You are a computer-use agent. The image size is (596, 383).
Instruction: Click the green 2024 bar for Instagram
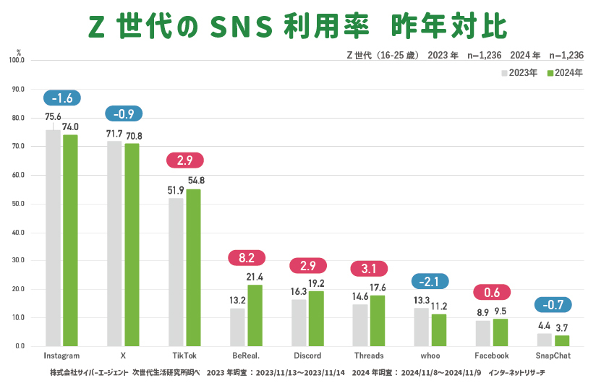tap(70, 240)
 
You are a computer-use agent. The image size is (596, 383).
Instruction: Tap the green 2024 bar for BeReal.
tap(255, 315)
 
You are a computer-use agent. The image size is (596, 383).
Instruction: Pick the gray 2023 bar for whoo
tap(421, 327)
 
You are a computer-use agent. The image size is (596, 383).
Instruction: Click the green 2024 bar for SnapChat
tap(562, 340)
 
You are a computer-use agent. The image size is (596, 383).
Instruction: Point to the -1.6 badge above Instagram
tap(62, 98)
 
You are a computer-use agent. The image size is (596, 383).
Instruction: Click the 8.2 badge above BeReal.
tap(247, 257)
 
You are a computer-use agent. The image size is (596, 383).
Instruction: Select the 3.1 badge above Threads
tap(370, 269)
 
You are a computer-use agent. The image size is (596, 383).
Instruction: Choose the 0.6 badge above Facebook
tap(492, 292)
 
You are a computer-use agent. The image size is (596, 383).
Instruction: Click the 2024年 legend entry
tap(564, 73)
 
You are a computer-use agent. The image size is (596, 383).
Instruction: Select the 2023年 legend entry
tap(519, 73)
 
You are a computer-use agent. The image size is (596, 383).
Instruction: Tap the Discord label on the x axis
tap(307, 356)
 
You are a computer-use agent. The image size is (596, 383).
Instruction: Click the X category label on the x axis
tap(124, 356)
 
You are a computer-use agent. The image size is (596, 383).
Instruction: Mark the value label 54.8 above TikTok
tap(196, 181)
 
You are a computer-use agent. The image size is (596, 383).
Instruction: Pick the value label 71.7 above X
tap(115, 134)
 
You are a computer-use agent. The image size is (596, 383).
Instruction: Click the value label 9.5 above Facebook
tap(500, 311)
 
